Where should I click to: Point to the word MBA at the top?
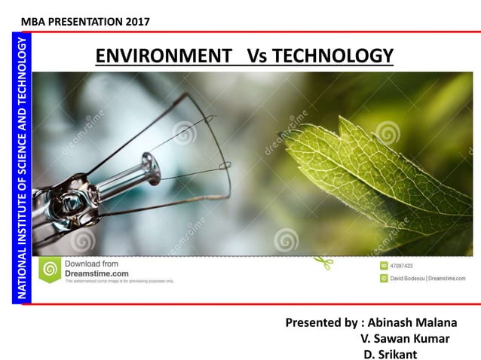(34, 21)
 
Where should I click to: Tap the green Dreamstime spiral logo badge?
(51, 269)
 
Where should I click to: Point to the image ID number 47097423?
(400, 266)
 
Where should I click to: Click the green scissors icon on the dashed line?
(323, 262)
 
